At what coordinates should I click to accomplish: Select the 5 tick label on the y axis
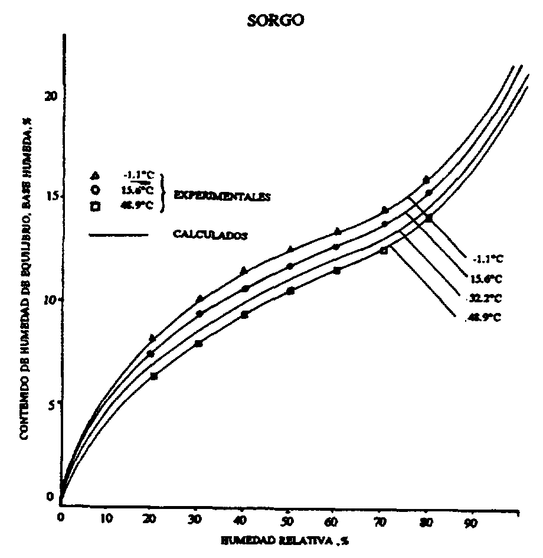(52, 404)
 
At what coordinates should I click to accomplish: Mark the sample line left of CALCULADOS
(118, 235)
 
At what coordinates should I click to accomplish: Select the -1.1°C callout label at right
(488, 259)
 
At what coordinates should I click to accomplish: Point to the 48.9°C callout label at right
(476, 317)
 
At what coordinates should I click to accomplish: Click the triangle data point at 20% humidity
(153, 338)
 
